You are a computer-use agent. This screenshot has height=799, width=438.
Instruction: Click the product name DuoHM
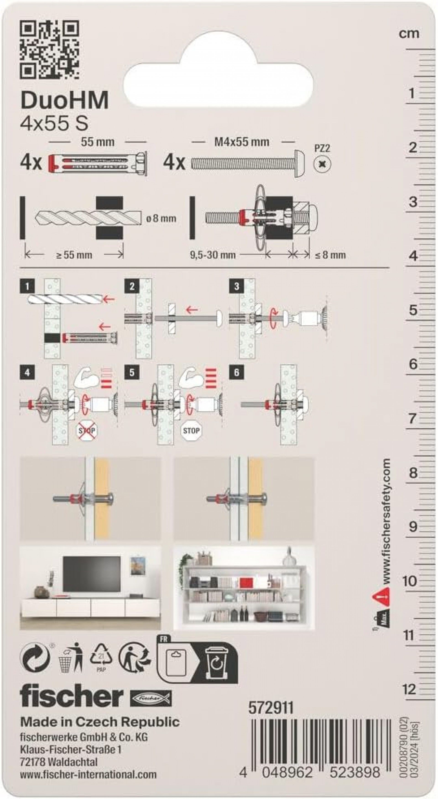pyautogui.click(x=65, y=100)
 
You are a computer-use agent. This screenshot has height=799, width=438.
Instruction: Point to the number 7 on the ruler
pyautogui.click(x=412, y=418)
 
